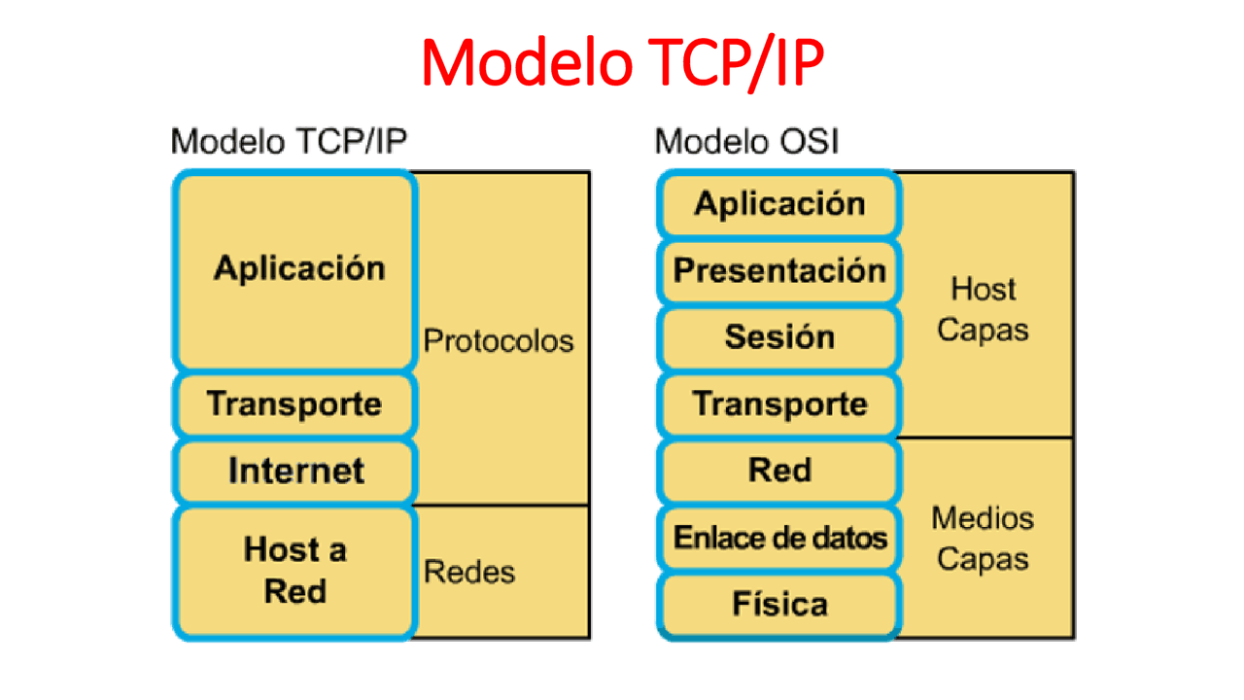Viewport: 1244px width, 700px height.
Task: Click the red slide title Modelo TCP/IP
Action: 622,63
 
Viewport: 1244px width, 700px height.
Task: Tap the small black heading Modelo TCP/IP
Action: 289,142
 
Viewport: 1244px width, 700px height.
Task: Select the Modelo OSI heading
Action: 746,142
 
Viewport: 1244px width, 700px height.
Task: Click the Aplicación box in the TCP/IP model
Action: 295,269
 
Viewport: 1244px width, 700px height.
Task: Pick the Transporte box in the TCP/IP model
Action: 295,403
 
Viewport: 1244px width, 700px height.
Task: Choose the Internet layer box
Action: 295,471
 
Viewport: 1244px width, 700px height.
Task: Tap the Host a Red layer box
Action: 295,571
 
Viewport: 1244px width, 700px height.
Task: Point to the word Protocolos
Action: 499,341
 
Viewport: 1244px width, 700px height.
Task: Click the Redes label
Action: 469,572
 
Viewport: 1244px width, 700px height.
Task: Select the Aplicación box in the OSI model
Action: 778,204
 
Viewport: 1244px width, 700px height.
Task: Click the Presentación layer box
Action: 778,270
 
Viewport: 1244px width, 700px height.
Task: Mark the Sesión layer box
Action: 778,337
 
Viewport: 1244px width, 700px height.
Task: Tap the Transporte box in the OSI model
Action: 778,403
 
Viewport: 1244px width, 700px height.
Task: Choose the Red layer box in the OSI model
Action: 778,471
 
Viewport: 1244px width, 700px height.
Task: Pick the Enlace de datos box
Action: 778,538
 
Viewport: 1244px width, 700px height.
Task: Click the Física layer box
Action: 778,605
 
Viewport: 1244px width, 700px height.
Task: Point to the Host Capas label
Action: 983,309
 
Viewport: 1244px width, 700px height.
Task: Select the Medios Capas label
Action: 983,539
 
